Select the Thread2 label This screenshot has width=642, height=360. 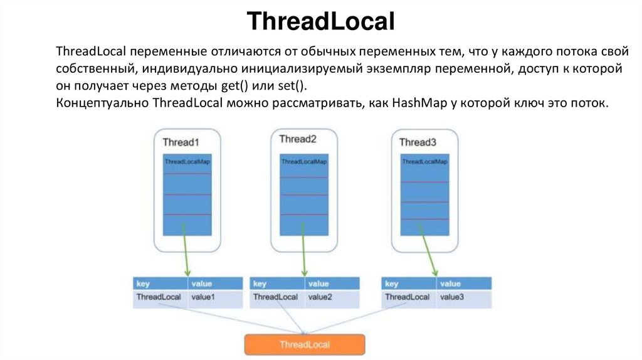pyautogui.click(x=298, y=139)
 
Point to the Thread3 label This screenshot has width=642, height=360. pyautogui.click(x=418, y=142)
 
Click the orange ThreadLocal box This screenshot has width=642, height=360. pyautogui.click(x=304, y=344)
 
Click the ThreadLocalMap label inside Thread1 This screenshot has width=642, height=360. pyautogui.click(x=187, y=162)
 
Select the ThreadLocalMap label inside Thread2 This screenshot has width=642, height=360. pyautogui.click(x=304, y=162)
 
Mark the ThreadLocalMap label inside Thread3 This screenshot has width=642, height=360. pyautogui.click(x=424, y=162)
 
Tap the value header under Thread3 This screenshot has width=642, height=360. pyautogui.click(x=451, y=284)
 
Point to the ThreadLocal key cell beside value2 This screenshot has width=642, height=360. pyautogui.click(x=275, y=297)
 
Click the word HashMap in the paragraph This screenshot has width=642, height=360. pyautogui.click(x=419, y=103)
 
